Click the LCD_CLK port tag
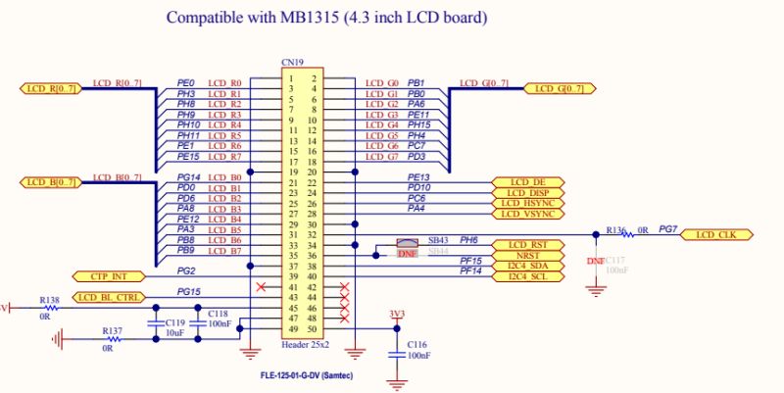pos(722,235)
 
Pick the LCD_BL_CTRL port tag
pos(109,297)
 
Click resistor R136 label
pos(614,229)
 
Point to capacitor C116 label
pos(416,345)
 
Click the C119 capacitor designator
pos(174,322)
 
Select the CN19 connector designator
pos(292,63)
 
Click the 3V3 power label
pos(395,316)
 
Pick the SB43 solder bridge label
pos(437,240)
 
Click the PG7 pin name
pos(667,229)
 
